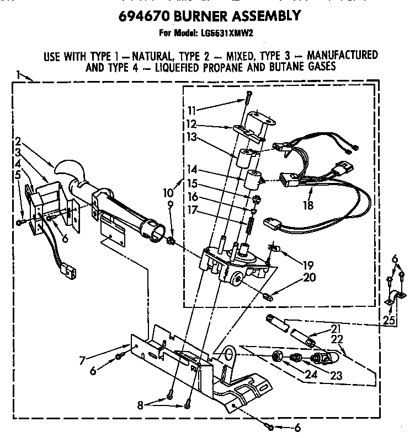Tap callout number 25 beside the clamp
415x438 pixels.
tap(390, 320)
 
